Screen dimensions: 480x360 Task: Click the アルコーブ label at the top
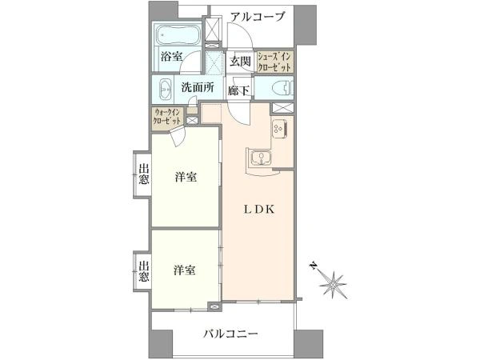pyautogui.click(x=257, y=16)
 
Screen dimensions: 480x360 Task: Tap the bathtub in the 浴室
pyautogui.click(x=178, y=34)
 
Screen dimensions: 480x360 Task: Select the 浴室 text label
pyautogui.click(x=171, y=56)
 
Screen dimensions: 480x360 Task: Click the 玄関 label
pyautogui.click(x=240, y=62)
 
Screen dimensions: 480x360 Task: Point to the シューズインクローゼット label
pyautogui.click(x=274, y=62)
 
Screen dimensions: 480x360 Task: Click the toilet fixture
pyautogui.click(x=282, y=89)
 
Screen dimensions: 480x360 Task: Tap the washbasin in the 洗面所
pyautogui.click(x=166, y=89)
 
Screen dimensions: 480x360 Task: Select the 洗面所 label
pyautogui.click(x=198, y=88)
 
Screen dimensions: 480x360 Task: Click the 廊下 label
pyautogui.click(x=238, y=90)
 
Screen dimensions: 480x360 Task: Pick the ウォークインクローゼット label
pyautogui.click(x=167, y=116)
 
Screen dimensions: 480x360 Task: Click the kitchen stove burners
pyautogui.click(x=279, y=128)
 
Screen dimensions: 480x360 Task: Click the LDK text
pyautogui.click(x=259, y=210)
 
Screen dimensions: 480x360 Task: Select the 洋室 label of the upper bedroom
pyautogui.click(x=186, y=178)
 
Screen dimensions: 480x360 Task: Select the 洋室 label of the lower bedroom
pyautogui.click(x=185, y=270)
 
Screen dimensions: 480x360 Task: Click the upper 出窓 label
pyautogui.click(x=144, y=174)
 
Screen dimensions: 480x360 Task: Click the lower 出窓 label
pyautogui.click(x=144, y=271)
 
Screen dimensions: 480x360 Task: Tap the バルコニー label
pyautogui.click(x=231, y=334)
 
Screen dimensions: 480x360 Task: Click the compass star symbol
pyautogui.click(x=333, y=284)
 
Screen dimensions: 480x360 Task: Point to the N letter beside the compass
pyautogui.click(x=313, y=265)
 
